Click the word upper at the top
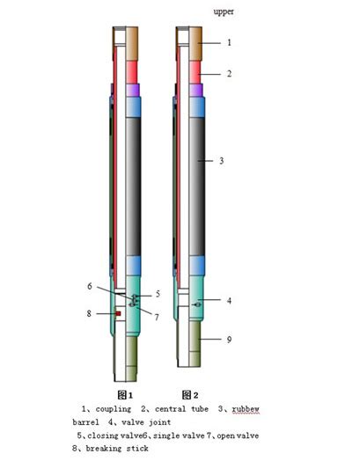(x=224, y=11)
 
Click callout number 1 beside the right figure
(x=229, y=41)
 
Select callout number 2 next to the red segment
(x=229, y=74)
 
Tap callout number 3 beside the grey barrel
(x=221, y=161)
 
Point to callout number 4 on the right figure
(x=228, y=301)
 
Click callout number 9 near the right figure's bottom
(x=229, y=338)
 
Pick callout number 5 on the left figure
(x=158, y=294)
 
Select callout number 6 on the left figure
(x=90, y=287)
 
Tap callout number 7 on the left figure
(x=158, y=317)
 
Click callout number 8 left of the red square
(x=88, y=312)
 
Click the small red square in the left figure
(x=117, y=312)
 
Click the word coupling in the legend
(x=112, y=409)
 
